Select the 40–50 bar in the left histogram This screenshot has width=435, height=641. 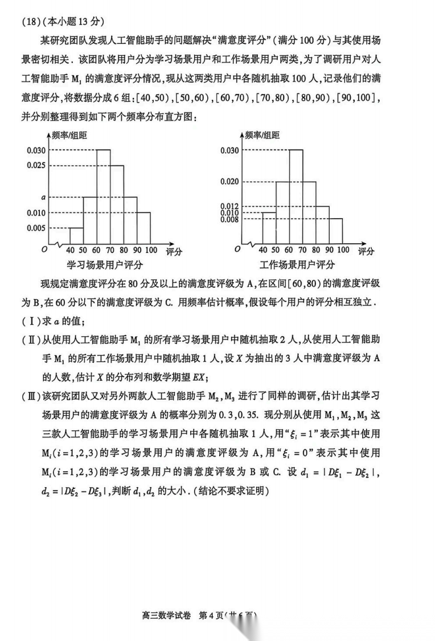tap(76, 235)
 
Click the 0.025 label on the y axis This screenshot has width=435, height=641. tap(35, 165)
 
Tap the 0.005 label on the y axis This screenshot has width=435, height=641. tap(35, 228)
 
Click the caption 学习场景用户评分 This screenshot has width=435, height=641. tap(105, 265)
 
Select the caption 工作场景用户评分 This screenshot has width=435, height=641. tap(297, 265)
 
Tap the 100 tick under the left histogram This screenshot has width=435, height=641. tap(151, 250)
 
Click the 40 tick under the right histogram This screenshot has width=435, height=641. tap(262, 250)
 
